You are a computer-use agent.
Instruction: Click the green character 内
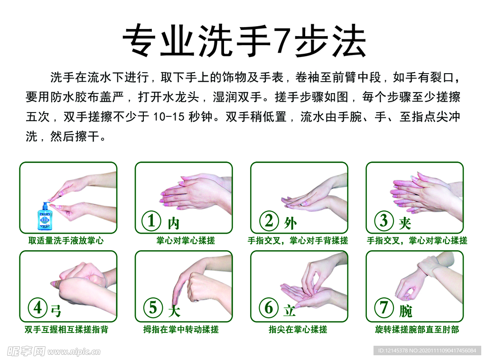[x=173, y=223]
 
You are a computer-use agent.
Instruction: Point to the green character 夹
[x=405, y=222]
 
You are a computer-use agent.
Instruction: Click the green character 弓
[x=56, y=311]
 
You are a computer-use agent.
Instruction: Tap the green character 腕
[x=405, y=311]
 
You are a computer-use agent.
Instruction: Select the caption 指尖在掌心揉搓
[x=298, y=329]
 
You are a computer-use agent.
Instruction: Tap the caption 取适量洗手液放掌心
[x=66, y=241]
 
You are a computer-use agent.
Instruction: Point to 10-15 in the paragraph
[x=169, y=117]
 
